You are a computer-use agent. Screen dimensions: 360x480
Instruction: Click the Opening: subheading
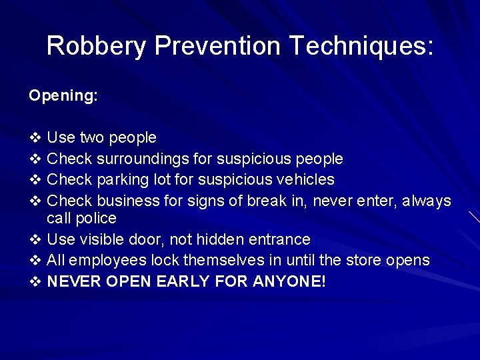pos(63,96)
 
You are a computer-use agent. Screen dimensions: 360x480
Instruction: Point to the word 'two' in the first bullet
pos(92,138)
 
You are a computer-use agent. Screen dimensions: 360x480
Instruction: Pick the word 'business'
pos(129,201)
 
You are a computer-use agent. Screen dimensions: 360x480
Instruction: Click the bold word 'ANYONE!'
pos(289,281)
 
